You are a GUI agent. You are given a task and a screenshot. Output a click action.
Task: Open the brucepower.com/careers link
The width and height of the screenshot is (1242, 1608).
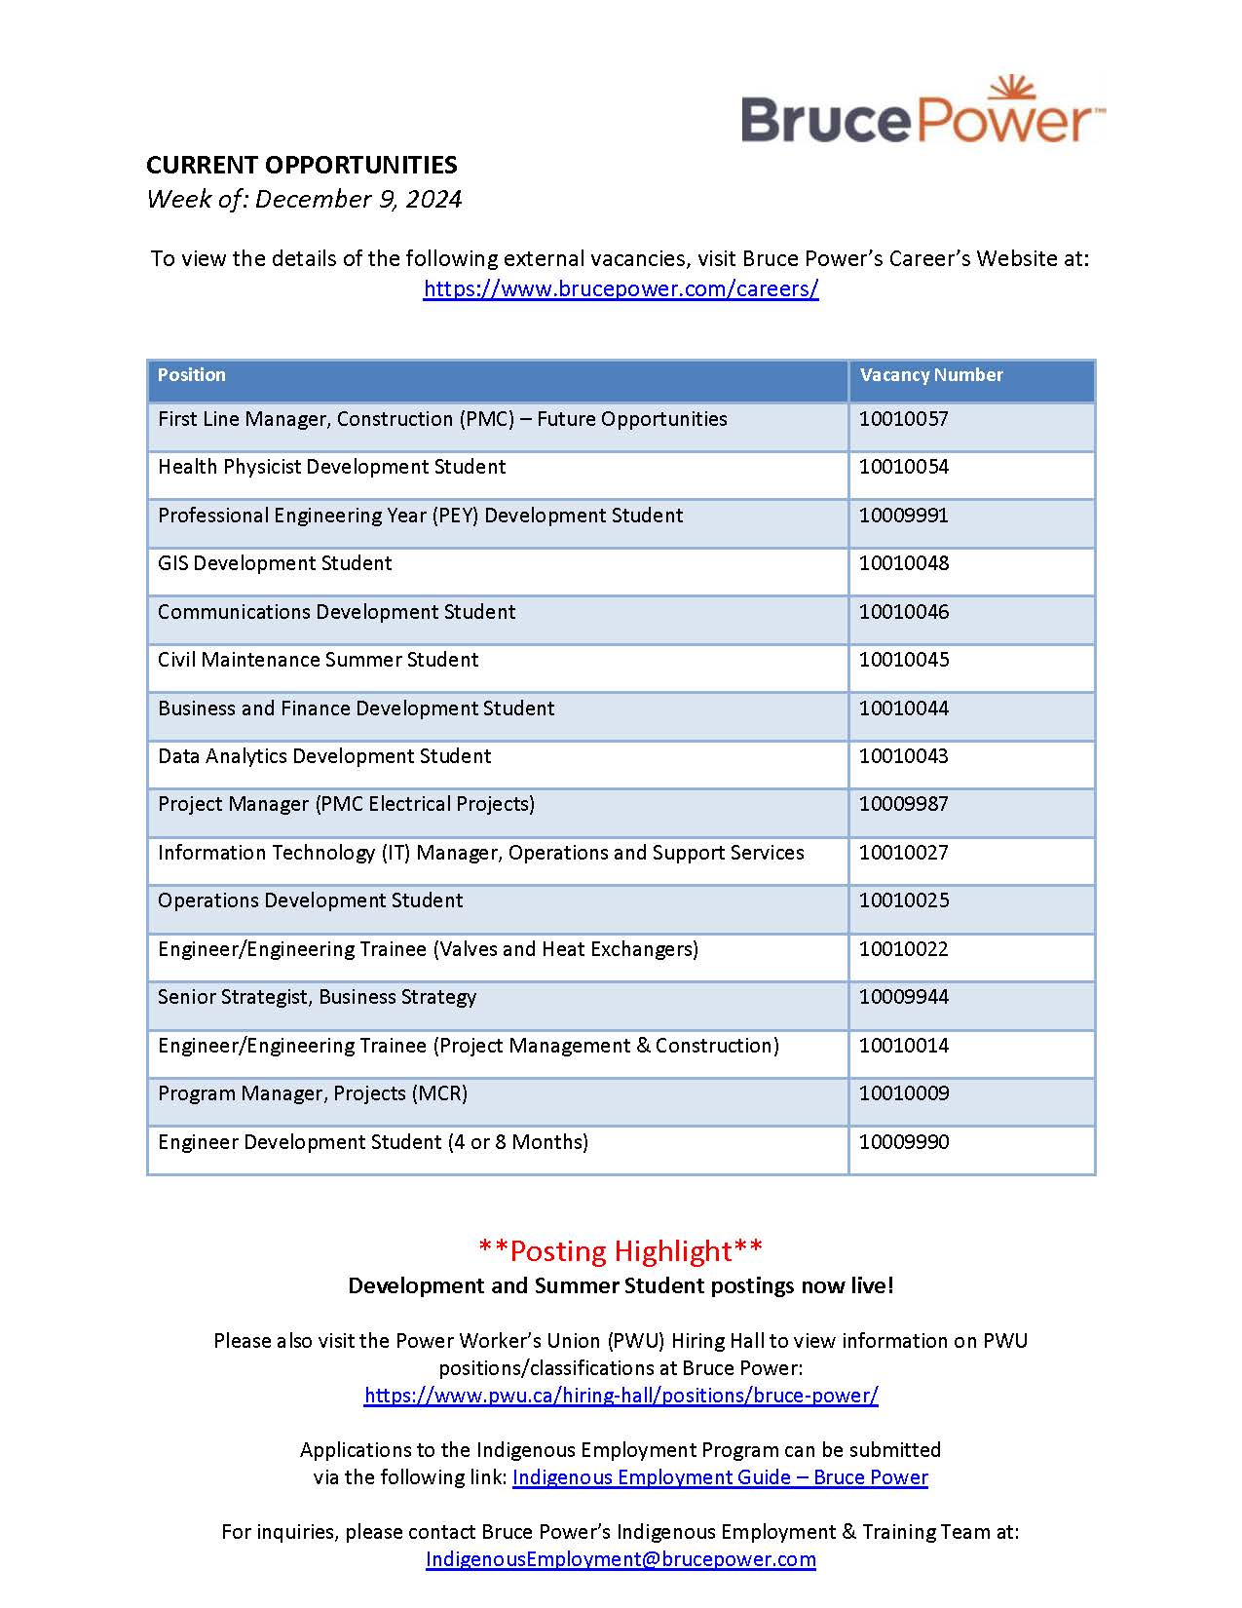click(x=621, y=288)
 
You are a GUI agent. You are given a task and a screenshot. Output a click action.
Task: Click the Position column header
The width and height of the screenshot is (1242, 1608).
click(x=192, y=375)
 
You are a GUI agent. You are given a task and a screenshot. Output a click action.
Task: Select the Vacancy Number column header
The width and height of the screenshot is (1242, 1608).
click(x=930, y=375)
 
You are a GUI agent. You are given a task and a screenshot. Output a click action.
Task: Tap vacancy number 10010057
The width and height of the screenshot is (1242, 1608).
click(x=903, y=419)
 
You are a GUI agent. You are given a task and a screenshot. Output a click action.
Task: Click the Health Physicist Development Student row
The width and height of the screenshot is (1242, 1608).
click(x=331, y=467)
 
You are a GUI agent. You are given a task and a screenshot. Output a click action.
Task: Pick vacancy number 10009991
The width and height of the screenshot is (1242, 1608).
click(x=903, y=516)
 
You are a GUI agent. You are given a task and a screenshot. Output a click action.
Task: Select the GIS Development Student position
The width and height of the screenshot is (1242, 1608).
click(x=275, y=563)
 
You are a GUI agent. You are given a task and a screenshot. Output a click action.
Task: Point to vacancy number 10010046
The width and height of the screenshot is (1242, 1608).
click(x=903, y=612)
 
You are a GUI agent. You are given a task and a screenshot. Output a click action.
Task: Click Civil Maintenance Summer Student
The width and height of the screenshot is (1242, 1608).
click(x=318, y=660)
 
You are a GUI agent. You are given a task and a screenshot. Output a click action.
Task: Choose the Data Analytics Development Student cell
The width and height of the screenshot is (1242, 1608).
click(x=324, y=756)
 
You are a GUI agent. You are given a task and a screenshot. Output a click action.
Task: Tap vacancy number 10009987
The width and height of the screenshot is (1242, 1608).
click(x=903, y=804)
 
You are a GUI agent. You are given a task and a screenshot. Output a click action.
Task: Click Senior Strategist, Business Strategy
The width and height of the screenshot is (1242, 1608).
click(x=317, y=997)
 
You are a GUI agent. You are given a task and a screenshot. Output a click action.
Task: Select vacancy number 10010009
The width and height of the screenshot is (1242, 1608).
click(x=903, y=1093)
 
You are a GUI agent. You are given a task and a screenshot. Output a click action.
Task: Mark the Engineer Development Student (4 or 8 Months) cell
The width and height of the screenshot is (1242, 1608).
click(x=372, y=1142)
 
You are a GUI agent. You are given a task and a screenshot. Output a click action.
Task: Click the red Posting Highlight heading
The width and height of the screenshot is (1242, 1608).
click(x=621, y=1250)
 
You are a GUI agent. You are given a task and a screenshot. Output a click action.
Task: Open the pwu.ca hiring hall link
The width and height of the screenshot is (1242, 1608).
click(x=621, y=1396)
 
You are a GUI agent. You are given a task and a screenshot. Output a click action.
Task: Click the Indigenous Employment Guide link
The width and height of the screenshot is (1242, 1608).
click(x=720, y=1477)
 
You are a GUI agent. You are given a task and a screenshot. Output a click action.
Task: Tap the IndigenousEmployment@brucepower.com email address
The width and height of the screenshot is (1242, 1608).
click(x=621, y=1559)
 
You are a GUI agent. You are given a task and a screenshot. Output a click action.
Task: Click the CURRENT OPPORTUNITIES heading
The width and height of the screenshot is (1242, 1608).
click(x=302, y=165)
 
